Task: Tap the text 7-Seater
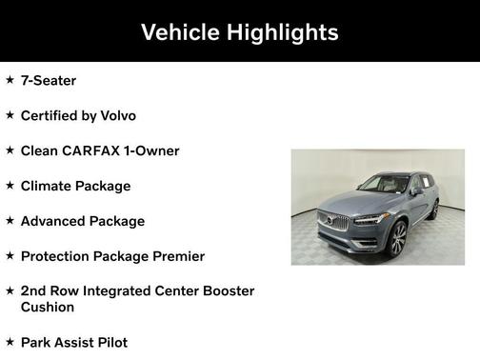coord(49,81)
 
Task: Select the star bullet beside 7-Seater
coord(10,80)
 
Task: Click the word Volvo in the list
coord(115,115)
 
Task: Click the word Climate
coord(48,186)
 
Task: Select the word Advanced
coord(54,221)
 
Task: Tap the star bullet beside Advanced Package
coord(10,220)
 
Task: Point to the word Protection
coord(58,256)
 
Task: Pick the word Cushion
coord(48,308)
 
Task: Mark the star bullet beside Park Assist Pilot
coord(10,341)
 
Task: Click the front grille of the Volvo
coord(338,222)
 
